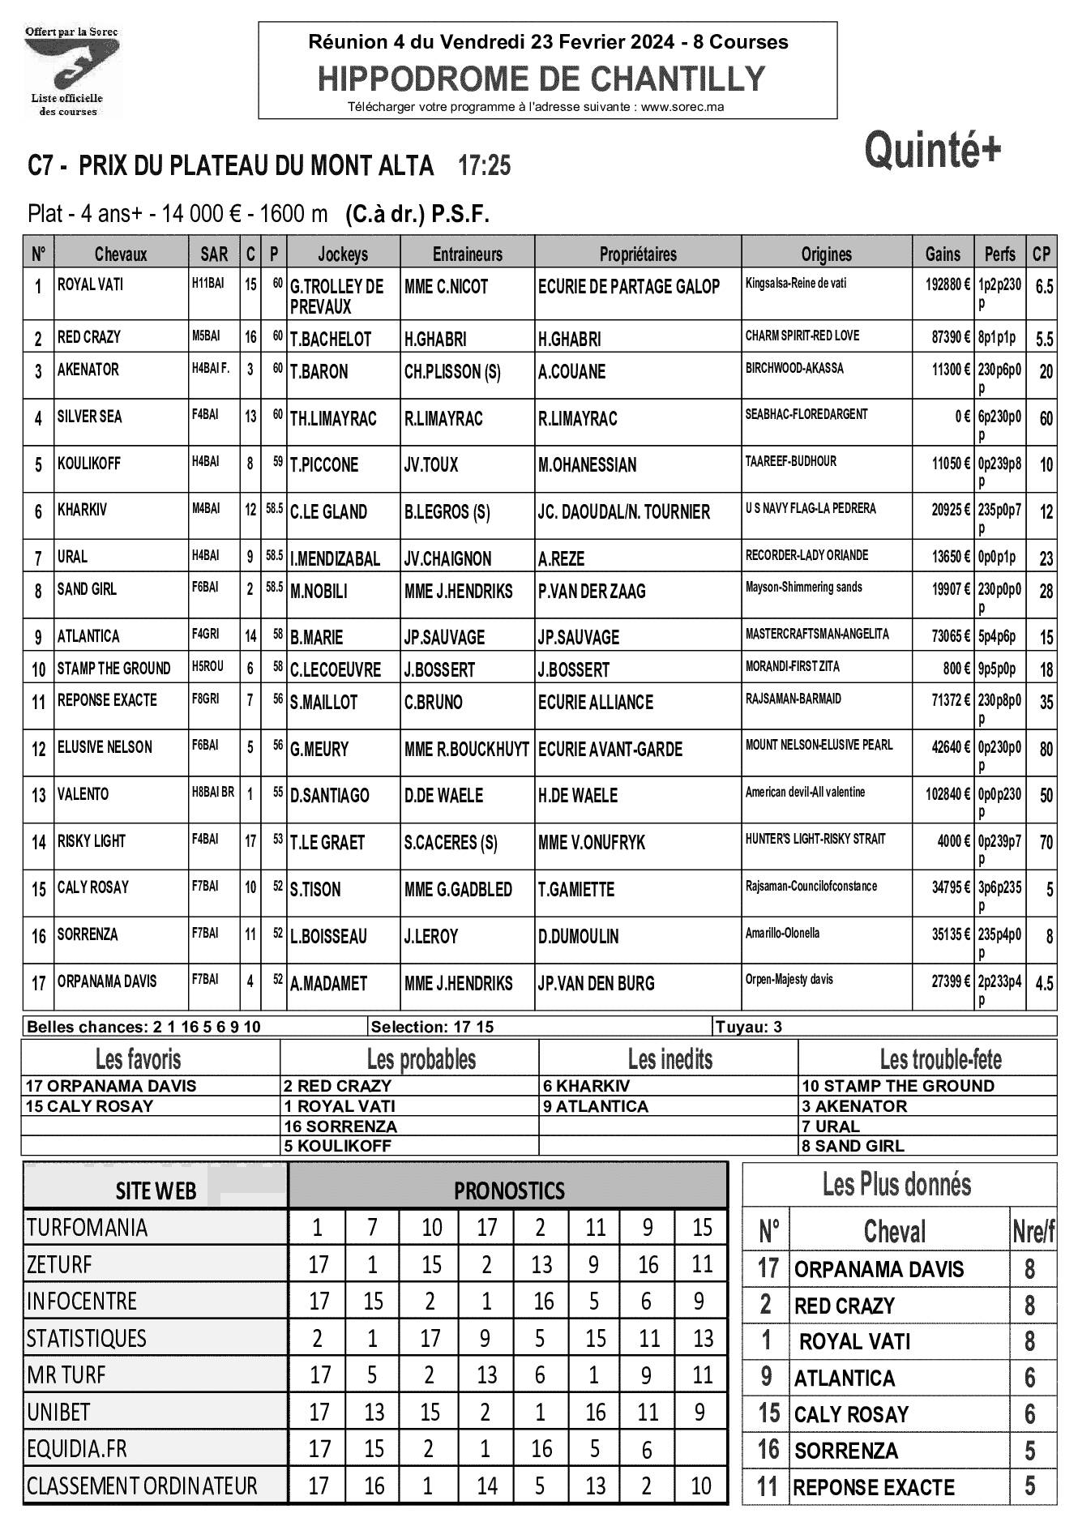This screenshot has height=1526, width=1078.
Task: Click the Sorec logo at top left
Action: click(71, 71)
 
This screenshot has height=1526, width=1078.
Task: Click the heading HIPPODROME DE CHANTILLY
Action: click(541, 79)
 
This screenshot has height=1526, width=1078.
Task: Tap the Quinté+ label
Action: click(933, 151)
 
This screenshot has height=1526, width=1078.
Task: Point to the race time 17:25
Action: click(484, 166)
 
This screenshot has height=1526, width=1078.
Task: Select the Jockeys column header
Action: click(343, 254)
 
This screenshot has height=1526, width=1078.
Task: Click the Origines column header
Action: click(826, 254)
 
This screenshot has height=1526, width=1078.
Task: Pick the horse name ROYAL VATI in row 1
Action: click(91, 285)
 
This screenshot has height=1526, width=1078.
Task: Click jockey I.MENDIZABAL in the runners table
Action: click(335, 559)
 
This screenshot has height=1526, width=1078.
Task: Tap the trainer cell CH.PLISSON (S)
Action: click(452, 372)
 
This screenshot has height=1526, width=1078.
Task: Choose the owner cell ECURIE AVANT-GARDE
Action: click(610, 750)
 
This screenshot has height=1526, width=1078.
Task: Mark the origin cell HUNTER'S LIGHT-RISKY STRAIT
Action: click(815, 839)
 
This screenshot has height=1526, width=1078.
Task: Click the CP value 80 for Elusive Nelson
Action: click(1046, 749)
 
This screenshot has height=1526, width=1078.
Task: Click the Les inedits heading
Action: click(669, 1059)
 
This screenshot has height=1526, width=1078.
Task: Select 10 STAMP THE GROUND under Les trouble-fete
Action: click(897, 1087)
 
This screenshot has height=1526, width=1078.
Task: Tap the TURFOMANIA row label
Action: click(87, 1228)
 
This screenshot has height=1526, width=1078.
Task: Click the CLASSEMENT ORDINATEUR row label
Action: click(141, 1486)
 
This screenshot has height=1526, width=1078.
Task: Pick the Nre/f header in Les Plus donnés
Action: click(1033, 1233)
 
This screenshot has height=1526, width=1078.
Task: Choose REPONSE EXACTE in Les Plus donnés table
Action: click(874, 1488)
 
